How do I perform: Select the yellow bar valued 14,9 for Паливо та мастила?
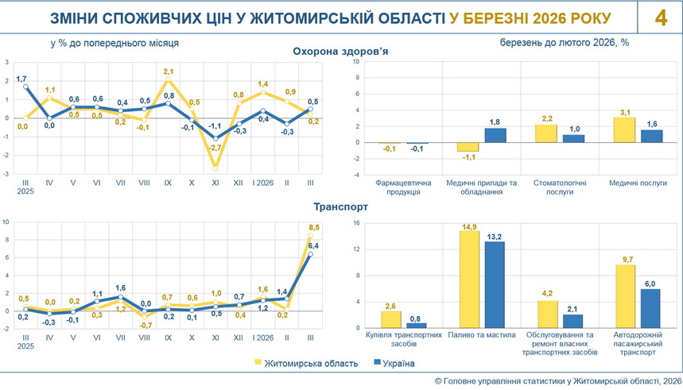[x=469, y=280]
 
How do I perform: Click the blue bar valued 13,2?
[x=495, y=284]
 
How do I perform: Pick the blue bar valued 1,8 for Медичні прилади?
[x=495, y=136]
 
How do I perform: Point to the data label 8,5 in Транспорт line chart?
[x=313, y=228]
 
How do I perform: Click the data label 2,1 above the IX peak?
[x=169, y=71]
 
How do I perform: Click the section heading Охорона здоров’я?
[x=340, y=52]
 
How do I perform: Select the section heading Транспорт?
[x=340, y=207]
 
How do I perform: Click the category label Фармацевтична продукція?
[x=403, y=187]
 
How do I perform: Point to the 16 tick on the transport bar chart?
[x=356, y=223]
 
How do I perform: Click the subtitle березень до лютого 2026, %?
[x=565, y=42]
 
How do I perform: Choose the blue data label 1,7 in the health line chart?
[x=22, y=77]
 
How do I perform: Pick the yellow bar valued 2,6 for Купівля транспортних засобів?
[x=390, y=319]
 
